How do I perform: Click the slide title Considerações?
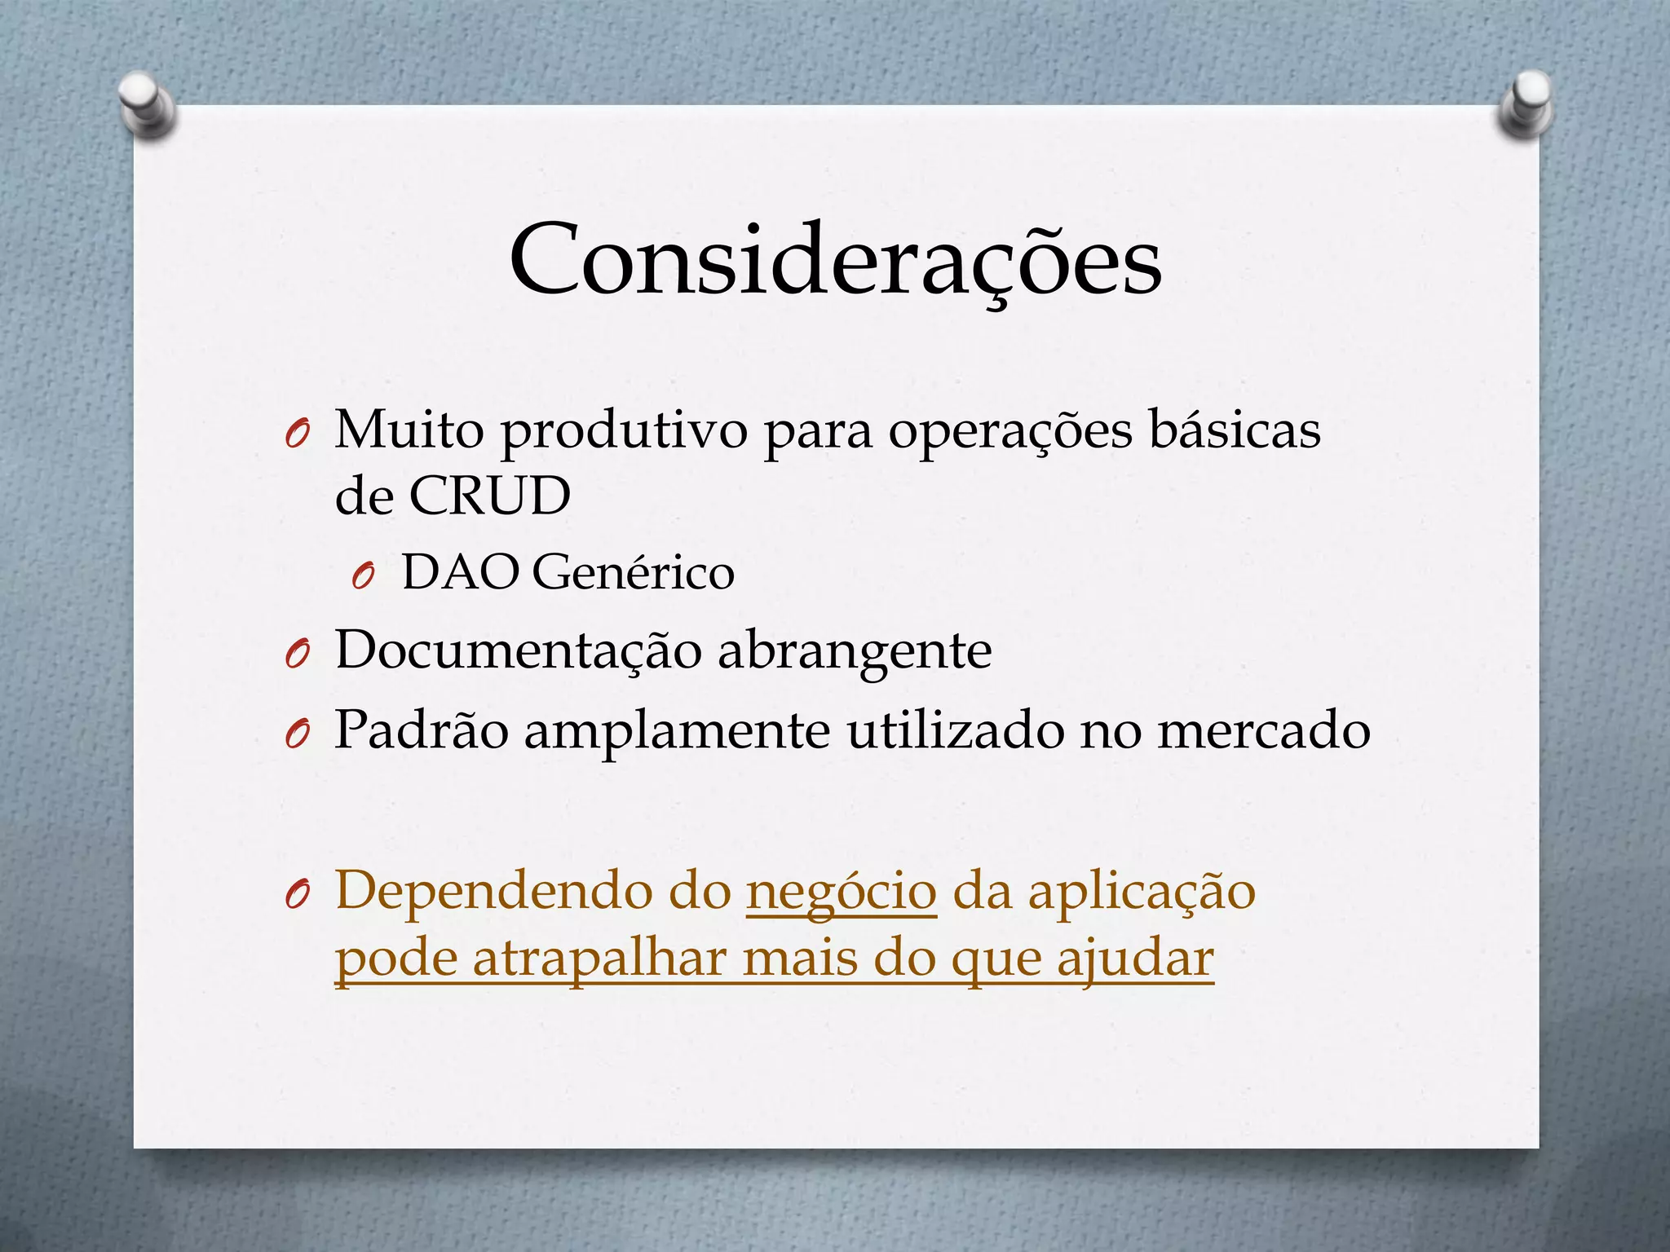point(836,259)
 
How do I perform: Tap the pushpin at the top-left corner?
point(147,103)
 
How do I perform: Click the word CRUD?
point(489,496)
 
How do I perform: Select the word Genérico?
point(633,572)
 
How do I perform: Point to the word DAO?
point(460,572)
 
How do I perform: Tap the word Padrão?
point(422,729)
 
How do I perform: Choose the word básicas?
point(1235,429)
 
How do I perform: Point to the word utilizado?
point(955,729)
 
